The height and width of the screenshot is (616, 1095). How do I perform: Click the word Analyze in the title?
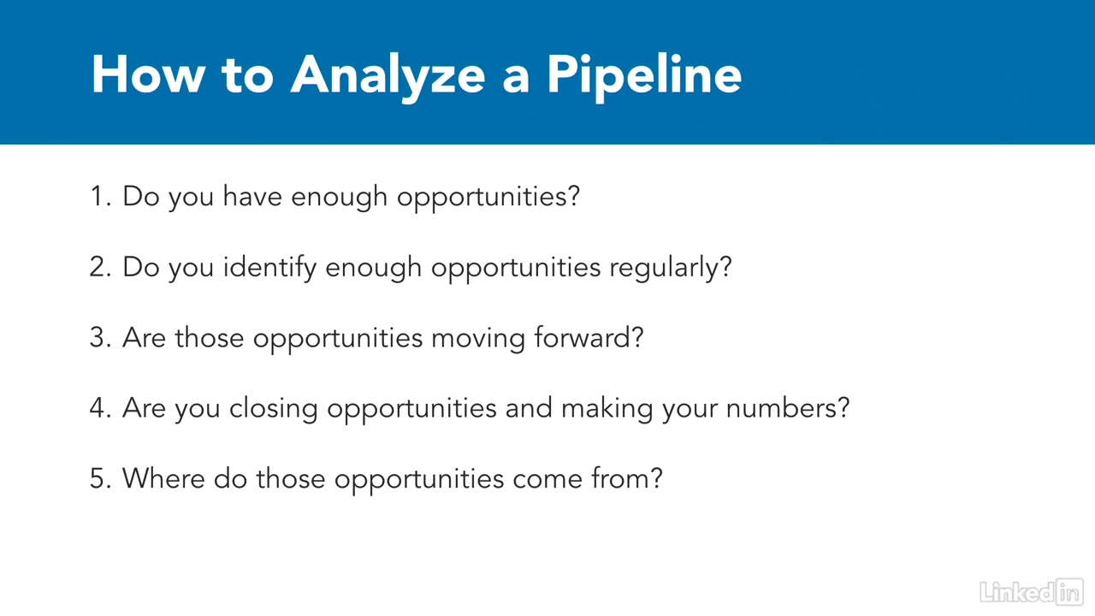pos(388,76)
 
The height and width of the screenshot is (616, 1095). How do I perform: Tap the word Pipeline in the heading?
pos(644,76)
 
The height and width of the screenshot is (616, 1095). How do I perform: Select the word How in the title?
pos(148,74)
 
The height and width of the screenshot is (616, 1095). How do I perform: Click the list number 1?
pos(100,197)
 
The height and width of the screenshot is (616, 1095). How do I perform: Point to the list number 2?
pos(100,268)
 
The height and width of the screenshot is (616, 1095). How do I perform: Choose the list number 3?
pos(100,338)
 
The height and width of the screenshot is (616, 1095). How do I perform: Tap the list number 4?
pos(100,408)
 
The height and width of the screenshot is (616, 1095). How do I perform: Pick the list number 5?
pos(100,478)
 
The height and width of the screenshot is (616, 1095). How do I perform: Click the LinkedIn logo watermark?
pos(1032,592)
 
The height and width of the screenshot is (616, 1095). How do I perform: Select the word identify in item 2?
pos(269,268)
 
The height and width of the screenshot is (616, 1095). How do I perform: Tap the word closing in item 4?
pos(273,409)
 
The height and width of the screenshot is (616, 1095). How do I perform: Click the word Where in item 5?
pos(163,478)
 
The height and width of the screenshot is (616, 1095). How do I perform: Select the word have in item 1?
pos(252,196)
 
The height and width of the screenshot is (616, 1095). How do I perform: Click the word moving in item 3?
pos(478,339)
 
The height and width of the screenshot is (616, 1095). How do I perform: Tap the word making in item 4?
pos(607,409)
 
